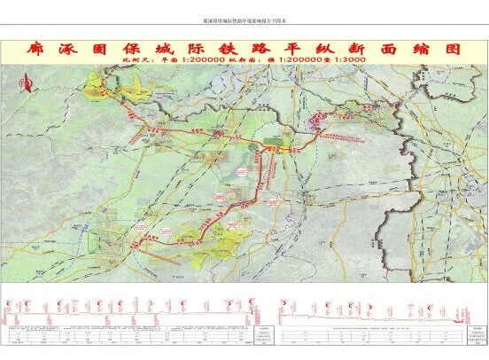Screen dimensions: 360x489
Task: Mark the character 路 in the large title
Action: coord(270,49)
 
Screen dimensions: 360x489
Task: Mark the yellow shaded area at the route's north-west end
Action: coord(106,86)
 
